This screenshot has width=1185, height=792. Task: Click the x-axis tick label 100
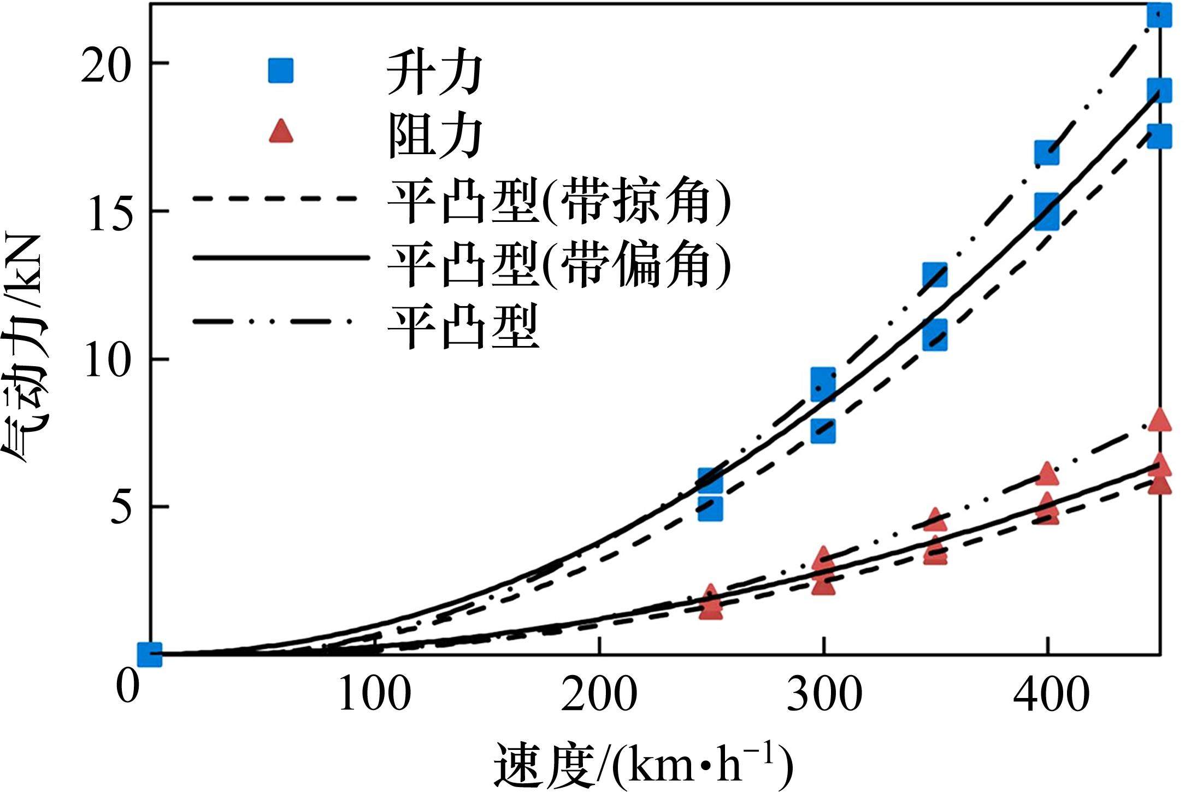pyautogui.click(x=375, y=695)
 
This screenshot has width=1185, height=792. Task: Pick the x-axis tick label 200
pyautogui.click(x=599, y=695)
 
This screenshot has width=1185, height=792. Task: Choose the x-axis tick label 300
pyautogui.click(x=824, y=695)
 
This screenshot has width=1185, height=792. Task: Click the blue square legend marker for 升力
pyautogui.click(x=281, y=71)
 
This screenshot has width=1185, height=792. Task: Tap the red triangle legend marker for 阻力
pyautogui.click(x=281, y=133)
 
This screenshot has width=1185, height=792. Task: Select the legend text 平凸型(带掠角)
pyautogui.click(x=558, y=202)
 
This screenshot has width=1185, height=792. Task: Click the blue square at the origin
pyautogui.click(x=150, y=654)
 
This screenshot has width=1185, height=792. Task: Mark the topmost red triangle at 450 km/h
pyautogui.click(x=1159, y=421)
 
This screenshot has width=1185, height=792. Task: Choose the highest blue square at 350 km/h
pyautogui.click(x=935, y=275)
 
